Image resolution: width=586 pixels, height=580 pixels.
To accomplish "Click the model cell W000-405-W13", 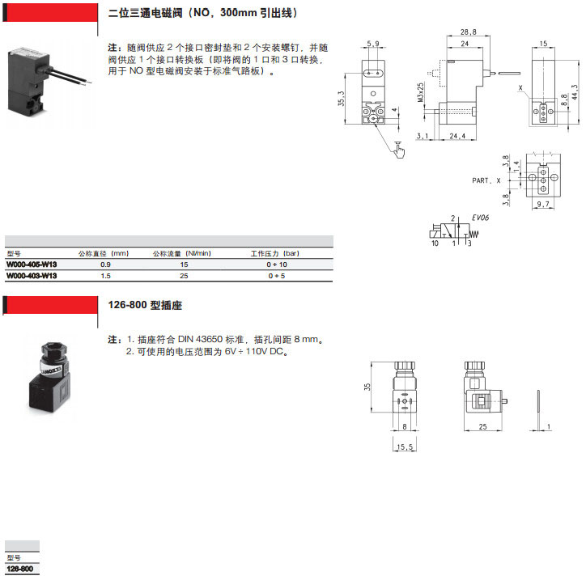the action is click(x=32, y=265).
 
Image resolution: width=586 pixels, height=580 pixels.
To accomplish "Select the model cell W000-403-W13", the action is click(x=32, y=276).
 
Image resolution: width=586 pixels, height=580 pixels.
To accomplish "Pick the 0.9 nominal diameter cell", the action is click(x=105, y=265).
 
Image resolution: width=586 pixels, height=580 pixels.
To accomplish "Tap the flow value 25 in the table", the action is click(x=184, y=276).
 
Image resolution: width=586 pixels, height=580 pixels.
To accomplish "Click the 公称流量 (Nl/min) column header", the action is click(x=182, y=253).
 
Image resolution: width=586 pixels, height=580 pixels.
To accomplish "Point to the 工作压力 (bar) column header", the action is click(x=274, y=253).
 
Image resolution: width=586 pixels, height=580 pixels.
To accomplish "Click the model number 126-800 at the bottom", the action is click(x=19, y=569).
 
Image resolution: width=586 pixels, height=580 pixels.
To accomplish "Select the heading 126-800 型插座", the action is click(x=145, y=305).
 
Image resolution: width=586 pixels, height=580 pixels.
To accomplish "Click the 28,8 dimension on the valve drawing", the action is click(x=469, y=32).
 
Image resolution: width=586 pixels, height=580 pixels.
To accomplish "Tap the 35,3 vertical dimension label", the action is click(x=341, y=99).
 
